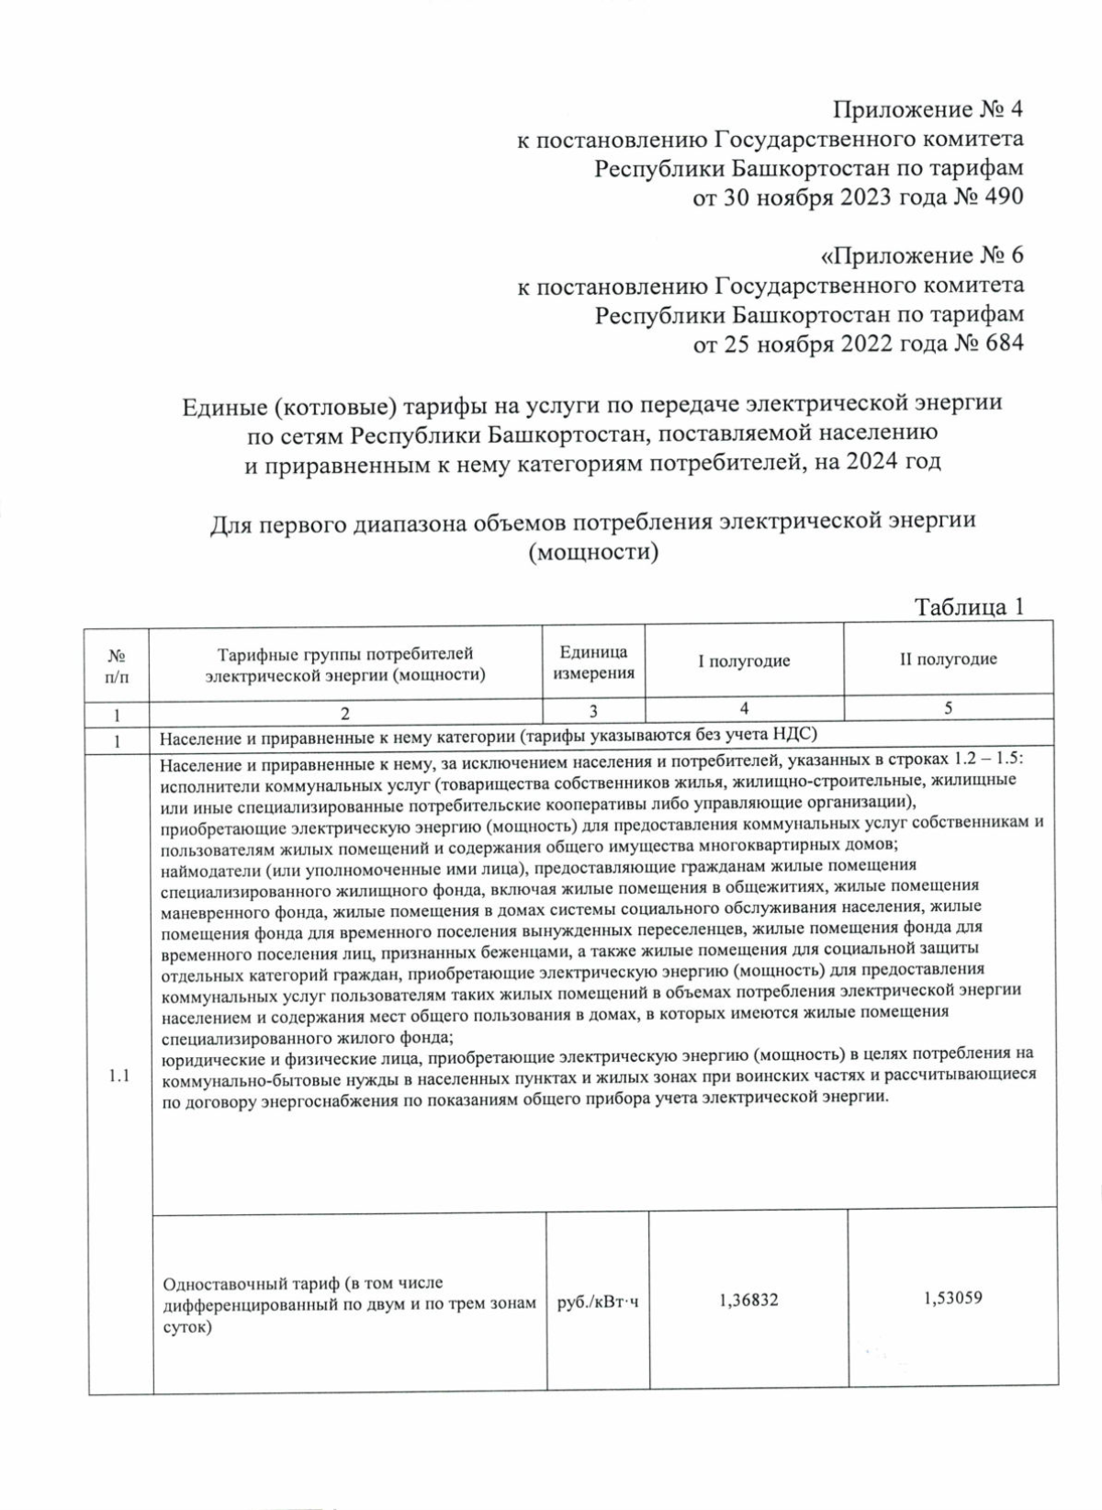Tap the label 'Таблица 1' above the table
[969, 607]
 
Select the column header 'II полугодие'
[948, 659]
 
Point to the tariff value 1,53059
[952, 1299]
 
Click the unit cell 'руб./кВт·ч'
[597, 1303]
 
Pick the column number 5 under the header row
[948, 708]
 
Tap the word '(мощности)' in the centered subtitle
[593, 553]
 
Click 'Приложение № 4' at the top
[928, 110]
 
